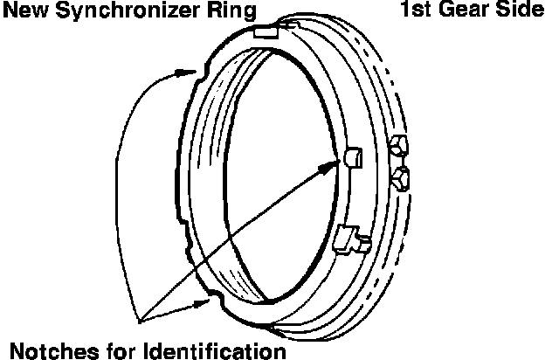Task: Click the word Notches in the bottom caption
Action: click(52, 350)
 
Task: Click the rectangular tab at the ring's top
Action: click(267, 32)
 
